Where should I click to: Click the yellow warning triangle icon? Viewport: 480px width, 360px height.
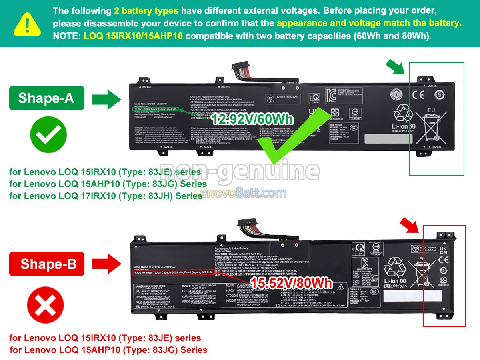[x=27, y=23]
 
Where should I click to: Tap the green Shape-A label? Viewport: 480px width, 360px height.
[x=46, y=98]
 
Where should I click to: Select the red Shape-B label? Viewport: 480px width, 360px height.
[x=47, y=264]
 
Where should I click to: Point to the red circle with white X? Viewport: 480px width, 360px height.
[x=45, y=306]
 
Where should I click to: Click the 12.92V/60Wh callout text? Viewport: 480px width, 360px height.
[x=252, y=119]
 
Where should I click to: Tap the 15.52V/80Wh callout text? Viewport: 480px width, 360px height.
[x=291, y=283]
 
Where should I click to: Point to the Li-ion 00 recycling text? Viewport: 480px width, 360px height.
[x=395, y=281]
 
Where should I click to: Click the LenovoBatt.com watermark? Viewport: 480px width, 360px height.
[x=240, y=194]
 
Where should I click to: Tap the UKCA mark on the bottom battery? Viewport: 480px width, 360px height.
[x=443, y=251]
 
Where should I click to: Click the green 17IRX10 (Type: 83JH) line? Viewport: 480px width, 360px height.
[x=106, y=196]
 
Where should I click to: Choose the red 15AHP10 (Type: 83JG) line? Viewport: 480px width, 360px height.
[x=108, y=350]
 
